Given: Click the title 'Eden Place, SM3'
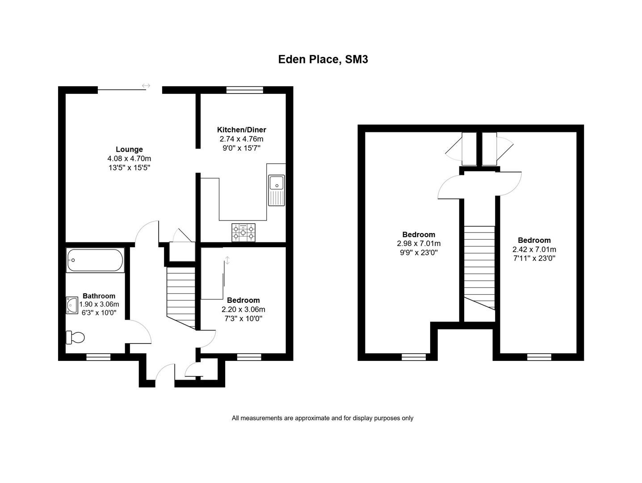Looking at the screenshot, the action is (323, 59).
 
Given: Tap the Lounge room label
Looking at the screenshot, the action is (129, 149).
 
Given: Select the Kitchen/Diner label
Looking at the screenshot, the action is (242, 130).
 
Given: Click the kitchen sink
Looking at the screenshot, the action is (277, 190).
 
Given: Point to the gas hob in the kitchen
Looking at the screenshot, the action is (243, 233).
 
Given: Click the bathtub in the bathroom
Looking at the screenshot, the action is (95, 260).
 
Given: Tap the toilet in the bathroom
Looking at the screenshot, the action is (75, 338).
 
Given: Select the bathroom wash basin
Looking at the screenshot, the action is (72, 305).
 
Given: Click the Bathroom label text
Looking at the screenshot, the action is (99, 296).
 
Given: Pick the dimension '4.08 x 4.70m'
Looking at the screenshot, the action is (129, 159).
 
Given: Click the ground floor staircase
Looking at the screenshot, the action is (181, 298).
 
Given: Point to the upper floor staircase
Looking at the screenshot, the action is (479, 267).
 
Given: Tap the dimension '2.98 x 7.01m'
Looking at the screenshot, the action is (419, 244).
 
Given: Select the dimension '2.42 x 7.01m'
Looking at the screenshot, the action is (534, 250).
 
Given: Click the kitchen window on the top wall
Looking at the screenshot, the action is (244, 90).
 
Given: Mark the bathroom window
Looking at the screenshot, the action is (99, 357).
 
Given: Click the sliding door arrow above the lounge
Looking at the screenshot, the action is (146, 86).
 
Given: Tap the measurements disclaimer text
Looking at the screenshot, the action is (322, 418).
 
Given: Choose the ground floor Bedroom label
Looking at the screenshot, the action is (243, 301).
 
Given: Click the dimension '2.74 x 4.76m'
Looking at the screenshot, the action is (242, 139).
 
